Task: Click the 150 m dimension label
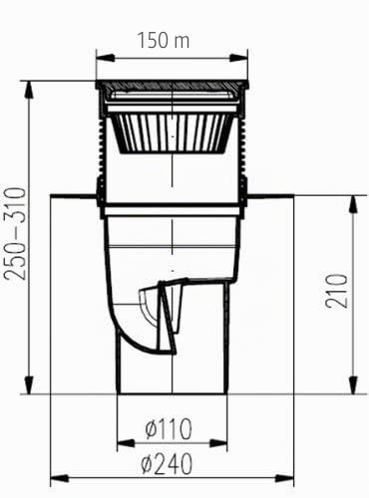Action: (164, 40)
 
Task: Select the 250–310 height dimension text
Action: (15, 234)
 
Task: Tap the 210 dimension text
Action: (336, 291)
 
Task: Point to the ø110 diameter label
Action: (169, 428)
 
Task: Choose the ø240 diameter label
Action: (167, 464)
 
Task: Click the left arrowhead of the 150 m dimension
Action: (106, 58)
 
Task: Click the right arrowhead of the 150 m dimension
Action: (238, 58)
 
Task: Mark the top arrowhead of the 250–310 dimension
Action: (29, 90)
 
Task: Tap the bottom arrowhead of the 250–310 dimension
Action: (29, 384)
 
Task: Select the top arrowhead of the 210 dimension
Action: (353, 205)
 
